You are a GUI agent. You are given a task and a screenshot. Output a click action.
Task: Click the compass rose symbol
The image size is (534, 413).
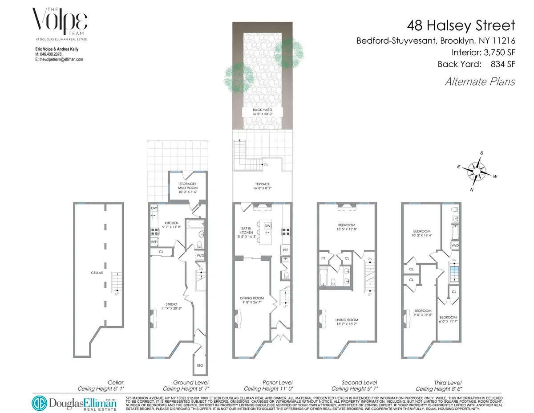[x=476, y=171]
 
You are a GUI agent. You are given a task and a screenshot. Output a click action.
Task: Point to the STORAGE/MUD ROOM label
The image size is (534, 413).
[x=188, y=185]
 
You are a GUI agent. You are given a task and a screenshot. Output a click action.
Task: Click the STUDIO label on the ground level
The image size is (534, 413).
[x=169, y=305]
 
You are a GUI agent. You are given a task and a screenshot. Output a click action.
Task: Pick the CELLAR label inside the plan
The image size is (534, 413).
[x=97, y=273]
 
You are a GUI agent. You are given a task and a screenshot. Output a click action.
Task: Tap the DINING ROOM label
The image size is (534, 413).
[x=252, y=298]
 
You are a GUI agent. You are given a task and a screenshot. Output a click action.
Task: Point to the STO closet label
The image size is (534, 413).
[x=200, y=365]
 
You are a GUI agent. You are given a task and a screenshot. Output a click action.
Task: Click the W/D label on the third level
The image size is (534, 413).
[x=455, y=245]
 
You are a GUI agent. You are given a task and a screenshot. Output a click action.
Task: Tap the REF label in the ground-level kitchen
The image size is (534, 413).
[x=154, y=241]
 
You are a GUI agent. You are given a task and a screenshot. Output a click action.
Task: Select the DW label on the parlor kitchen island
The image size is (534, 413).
[x=267, y=226]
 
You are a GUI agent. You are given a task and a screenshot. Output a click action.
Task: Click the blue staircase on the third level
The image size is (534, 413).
[x=454, y=273]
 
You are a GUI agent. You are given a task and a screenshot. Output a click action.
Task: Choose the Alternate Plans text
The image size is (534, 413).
[x=480, y=82]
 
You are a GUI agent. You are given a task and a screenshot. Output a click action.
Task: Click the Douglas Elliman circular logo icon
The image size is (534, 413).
[x=39, y=403]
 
